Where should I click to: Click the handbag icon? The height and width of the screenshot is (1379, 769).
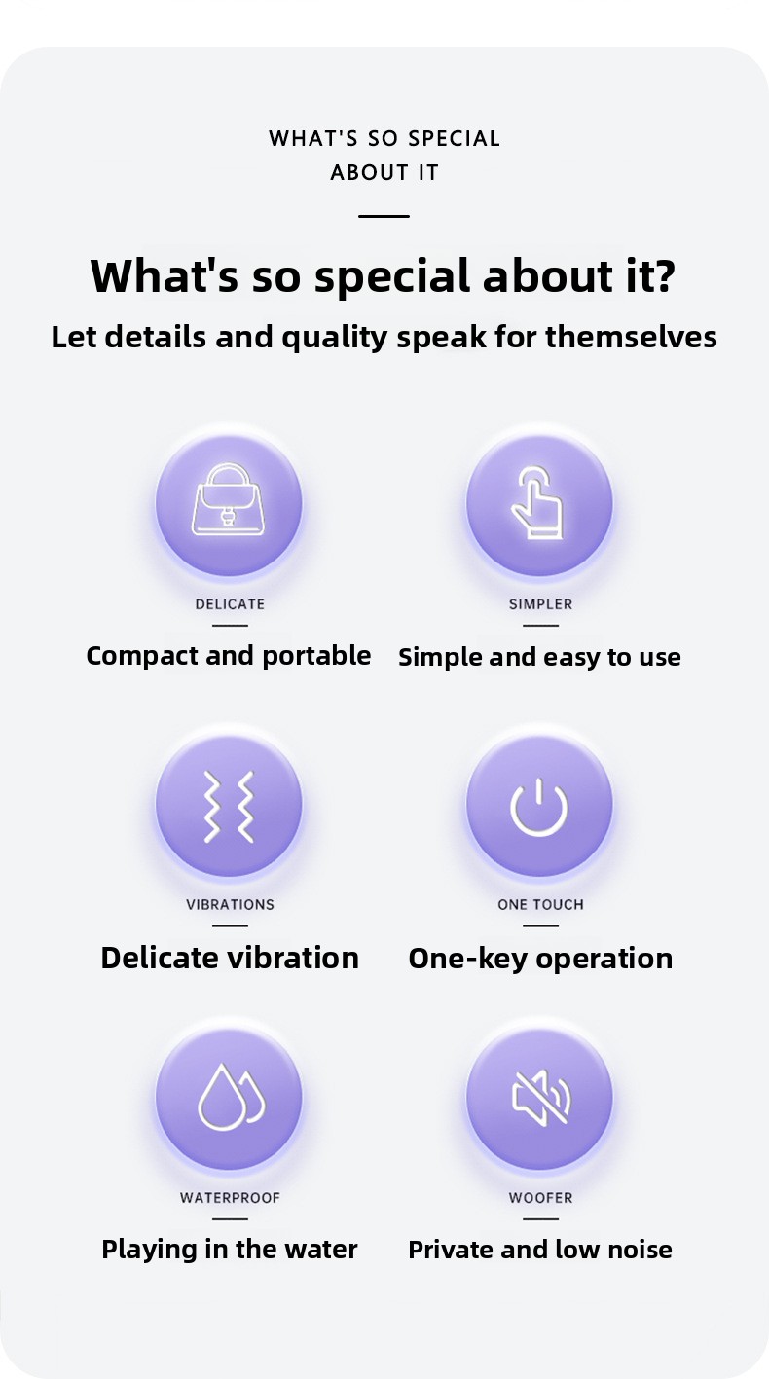coord(229,500)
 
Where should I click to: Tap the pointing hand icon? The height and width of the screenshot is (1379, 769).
coord(537,502)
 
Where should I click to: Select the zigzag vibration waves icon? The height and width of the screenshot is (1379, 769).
coord(229,806)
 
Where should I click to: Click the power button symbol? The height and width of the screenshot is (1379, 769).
coord(538,807)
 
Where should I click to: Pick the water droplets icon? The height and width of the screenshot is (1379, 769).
coord(231,1098)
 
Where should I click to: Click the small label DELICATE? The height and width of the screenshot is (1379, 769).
coord(230,604)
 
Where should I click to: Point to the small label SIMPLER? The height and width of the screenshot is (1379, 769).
coord(540,604)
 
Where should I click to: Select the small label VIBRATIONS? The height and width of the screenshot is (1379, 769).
coord(231,904)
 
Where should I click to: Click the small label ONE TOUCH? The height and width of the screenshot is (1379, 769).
coord(540,904)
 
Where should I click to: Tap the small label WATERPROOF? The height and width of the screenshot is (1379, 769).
coord(230,1197)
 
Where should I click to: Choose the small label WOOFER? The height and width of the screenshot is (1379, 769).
coord(540,1197)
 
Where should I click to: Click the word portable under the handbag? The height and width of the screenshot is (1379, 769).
coord(316,656)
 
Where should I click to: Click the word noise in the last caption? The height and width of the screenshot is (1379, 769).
coord(640,1250)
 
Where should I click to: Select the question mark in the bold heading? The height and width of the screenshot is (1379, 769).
coord(661,275)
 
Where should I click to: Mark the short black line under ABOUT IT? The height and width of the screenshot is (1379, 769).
coord(384,216)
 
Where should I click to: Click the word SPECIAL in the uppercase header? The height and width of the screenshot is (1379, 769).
coord(455,138)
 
